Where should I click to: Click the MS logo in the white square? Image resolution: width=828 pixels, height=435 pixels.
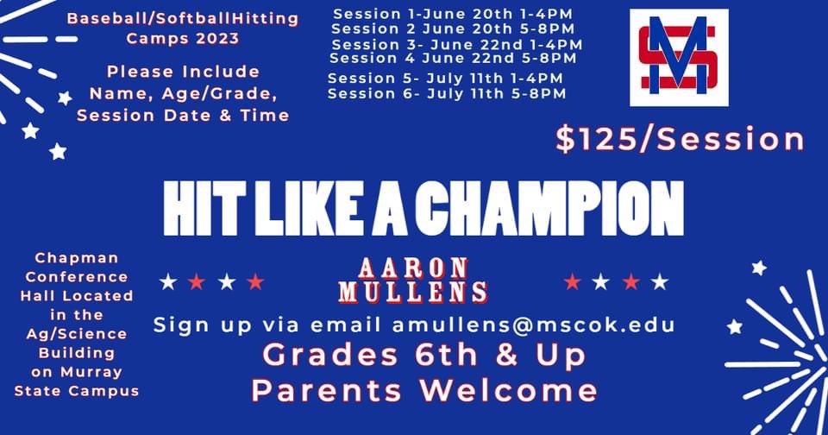tap(679, 58)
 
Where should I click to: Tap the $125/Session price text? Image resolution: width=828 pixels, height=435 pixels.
tap(680, 140)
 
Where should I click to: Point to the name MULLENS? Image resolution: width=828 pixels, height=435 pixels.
tap(414, 292)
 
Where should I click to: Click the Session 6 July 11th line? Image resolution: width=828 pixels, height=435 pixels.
tap(447, 93)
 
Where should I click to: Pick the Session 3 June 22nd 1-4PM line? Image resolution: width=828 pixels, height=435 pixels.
tap(456, 44)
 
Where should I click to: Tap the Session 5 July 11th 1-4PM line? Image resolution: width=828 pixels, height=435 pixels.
tap(447, 78)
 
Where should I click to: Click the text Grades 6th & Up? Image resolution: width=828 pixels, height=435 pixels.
tap(424, 355)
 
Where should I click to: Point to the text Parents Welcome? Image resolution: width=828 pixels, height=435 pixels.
tap(424, 389)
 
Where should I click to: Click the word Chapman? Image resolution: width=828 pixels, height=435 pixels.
tap(78, 257)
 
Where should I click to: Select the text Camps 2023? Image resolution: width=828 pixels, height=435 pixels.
tap(182, 38)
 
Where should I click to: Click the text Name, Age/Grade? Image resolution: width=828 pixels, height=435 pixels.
tap(182, 93)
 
